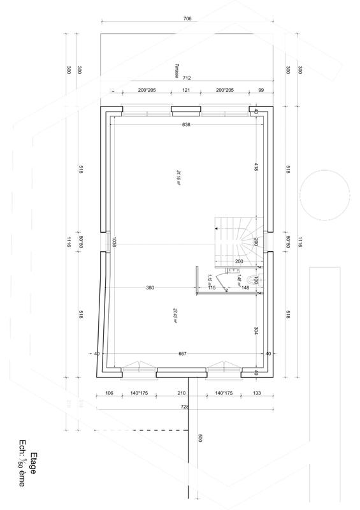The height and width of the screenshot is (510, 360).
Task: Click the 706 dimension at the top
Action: (187, 19)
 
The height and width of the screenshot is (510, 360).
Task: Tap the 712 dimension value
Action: (187, 78)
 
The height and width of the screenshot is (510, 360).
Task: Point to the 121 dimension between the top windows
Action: (186, 91)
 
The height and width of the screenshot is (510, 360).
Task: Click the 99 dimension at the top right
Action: (261, 91)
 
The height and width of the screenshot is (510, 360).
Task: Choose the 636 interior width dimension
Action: (186, 124)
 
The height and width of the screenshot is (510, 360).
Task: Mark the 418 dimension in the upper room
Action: (256, 168)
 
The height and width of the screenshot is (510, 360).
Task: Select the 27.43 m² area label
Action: (174, 316)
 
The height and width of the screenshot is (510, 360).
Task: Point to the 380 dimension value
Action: (150, 288)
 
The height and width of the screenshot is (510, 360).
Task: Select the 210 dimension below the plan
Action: (182, 393)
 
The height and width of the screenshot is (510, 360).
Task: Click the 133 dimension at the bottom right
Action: (257, 393)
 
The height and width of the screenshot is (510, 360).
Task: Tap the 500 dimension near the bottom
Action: (199, 439)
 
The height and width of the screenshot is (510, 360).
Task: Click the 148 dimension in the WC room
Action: (245, 288)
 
